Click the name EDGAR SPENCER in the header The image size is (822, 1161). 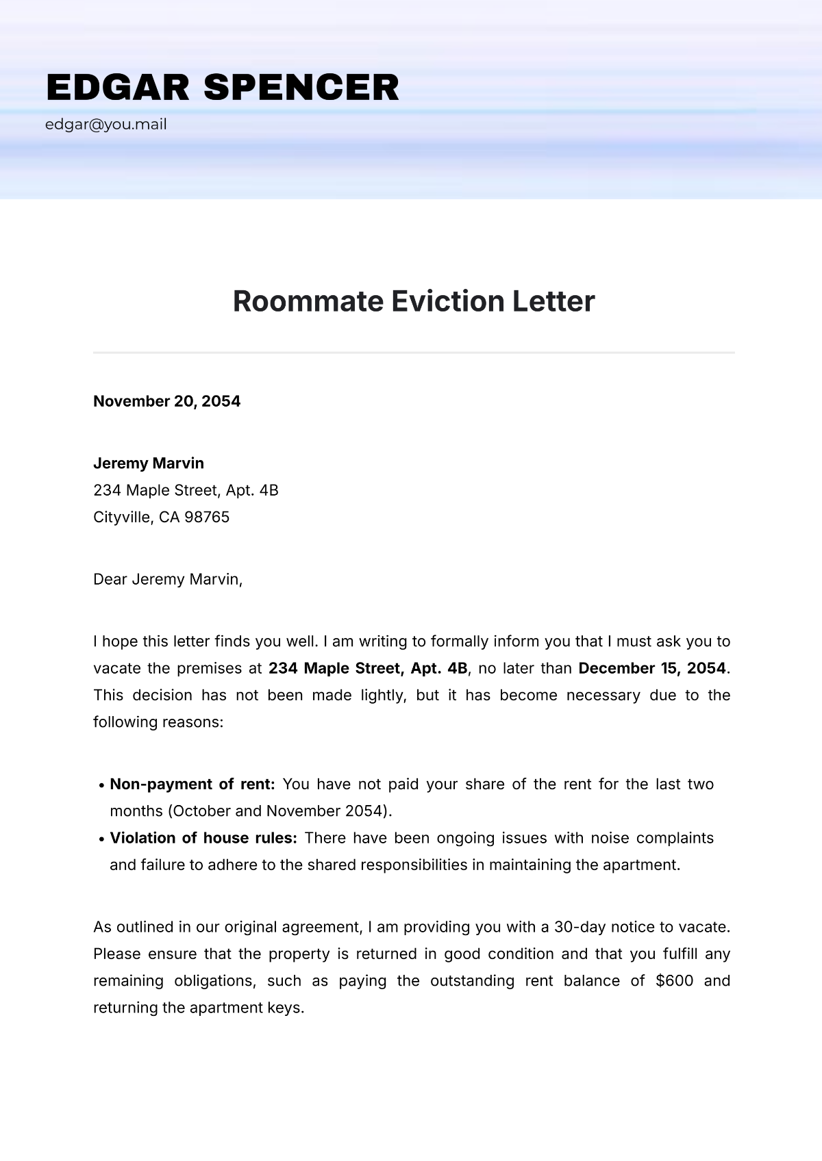pyautogui.click(x=223, y=88)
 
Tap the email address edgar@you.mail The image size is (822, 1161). pyautogui.click(x=106, y=125)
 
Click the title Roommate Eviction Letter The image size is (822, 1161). pyautogui.click(x=414, y=301)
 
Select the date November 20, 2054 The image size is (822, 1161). pyautogui.click(x=166, y=401)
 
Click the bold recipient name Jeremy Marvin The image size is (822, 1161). pyautogui.click(x=149, y=463)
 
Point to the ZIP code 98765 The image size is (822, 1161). pyautogui.click(x=207, y=518)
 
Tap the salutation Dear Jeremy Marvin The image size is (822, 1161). pyautogui.click(x=168, y=580)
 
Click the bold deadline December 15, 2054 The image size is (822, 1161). pyautogui.click(x=651, y=668)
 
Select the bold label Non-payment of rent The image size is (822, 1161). pyautogui.click(x=192, y=784)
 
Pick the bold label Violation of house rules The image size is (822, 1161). pyautogui.click(x=203, y=838)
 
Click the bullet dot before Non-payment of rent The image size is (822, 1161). pyautogui.click(x=101, y=785)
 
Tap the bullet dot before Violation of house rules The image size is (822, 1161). pyautogui.click(x=101, y=839)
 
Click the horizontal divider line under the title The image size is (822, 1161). pyautogui.click(x=414, y=353)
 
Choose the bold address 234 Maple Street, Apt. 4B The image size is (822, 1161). pyautogui.click(x=368, y=668)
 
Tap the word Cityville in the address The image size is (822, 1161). pyautogui.click(x=122, y=518)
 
